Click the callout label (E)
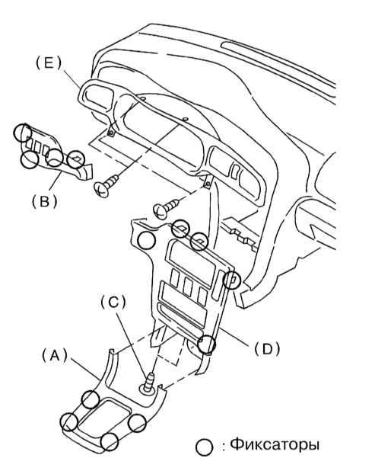(49, 63)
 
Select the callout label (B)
(44, 201)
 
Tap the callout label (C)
(113, 303)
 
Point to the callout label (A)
(55, 355)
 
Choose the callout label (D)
(267, 348)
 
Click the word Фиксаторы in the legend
(275, 444)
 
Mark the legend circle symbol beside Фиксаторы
(204, 447)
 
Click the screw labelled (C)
(148, 383)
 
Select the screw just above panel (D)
(166, 207)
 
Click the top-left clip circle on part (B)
(23, 133)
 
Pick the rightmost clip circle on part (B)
(76, 159)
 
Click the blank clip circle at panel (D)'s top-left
(146, 240)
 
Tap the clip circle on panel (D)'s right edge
(232, 280)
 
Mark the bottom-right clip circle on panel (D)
(206, 344)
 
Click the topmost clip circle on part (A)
(91, 399)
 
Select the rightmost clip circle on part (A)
(137, 423)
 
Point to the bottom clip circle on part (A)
(109, 442)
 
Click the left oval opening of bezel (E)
(98, 98)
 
